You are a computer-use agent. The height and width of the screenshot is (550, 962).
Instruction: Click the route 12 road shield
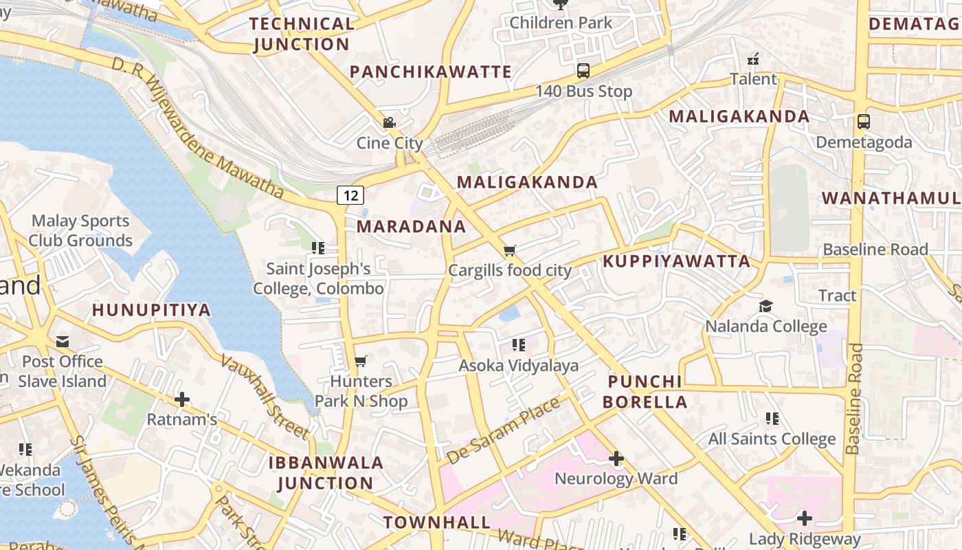point(350,195)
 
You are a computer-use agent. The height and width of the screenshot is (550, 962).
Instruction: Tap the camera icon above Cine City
point(389,123)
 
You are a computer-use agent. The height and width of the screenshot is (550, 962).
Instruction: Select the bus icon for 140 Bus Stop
point(583,70)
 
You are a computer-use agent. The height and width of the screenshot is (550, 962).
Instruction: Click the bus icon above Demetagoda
point(863,122)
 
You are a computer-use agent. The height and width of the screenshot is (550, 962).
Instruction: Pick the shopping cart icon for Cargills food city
point(509,250)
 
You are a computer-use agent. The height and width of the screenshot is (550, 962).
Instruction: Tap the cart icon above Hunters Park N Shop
point(360,361)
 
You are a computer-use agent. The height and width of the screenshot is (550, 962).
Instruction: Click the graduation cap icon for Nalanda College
point(765,306)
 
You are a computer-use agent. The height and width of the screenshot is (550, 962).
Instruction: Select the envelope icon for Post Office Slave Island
point(63,342)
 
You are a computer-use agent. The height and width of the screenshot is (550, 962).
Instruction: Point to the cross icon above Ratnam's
point(182,399)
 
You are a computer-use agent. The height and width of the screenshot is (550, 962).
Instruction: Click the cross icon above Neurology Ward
point(616,459)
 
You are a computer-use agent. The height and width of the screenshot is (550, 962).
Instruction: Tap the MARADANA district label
point(411,227)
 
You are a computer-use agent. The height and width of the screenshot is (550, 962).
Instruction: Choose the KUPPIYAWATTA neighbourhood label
point(677,261)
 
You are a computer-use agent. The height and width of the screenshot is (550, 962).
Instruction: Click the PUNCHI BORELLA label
point(645,392)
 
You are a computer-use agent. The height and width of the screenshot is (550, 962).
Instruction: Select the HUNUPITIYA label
point(151,310)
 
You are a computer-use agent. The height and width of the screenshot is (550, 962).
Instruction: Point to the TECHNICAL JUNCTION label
point(302,34)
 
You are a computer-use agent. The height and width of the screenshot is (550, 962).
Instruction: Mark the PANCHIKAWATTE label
point(431,72)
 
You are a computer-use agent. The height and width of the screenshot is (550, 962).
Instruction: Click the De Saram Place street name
point(503,431)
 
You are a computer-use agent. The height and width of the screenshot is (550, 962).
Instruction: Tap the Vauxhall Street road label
point(265,397)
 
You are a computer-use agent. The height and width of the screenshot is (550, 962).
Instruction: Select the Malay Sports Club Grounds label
point(80,231)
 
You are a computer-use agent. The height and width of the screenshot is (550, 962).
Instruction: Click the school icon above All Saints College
point(772,419)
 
